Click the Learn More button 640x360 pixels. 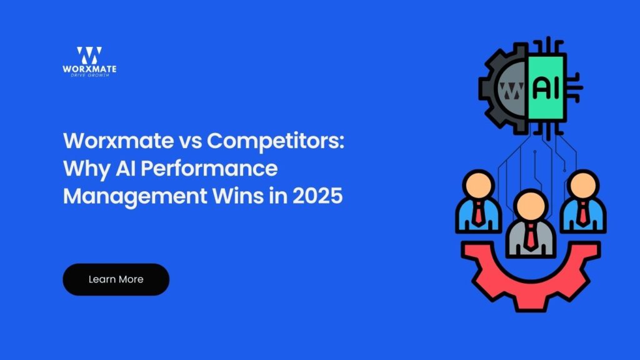point(116,279)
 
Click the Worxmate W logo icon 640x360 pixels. point(89,55)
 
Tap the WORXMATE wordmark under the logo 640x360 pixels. point(89,69)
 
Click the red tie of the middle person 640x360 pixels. point(529,236)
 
